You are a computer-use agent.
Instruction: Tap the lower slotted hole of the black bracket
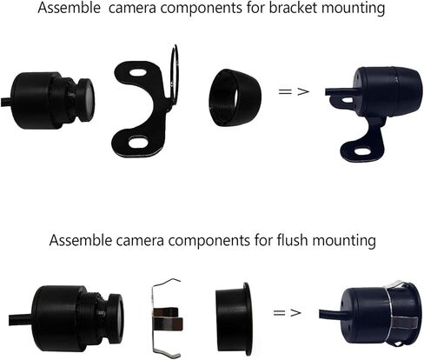pyautogui.click(x=139, y=140)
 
